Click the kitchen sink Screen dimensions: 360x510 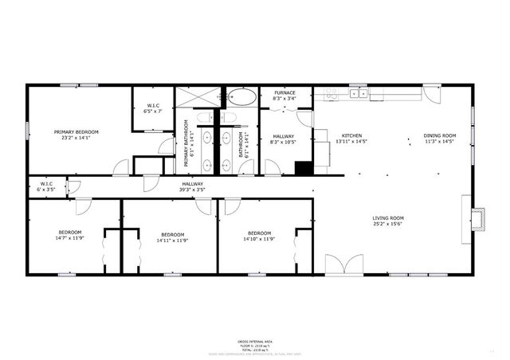click(x=359, y=93)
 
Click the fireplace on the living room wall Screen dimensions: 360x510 click(x=478, y=218)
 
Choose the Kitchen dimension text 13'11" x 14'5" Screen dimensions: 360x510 click(x=352, y=143)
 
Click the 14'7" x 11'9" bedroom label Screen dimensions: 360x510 click(x=70, y=238)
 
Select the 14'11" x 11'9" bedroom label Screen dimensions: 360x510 click(x=172, y=238)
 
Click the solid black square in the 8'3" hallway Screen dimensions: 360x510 click(x=303, y=168)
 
